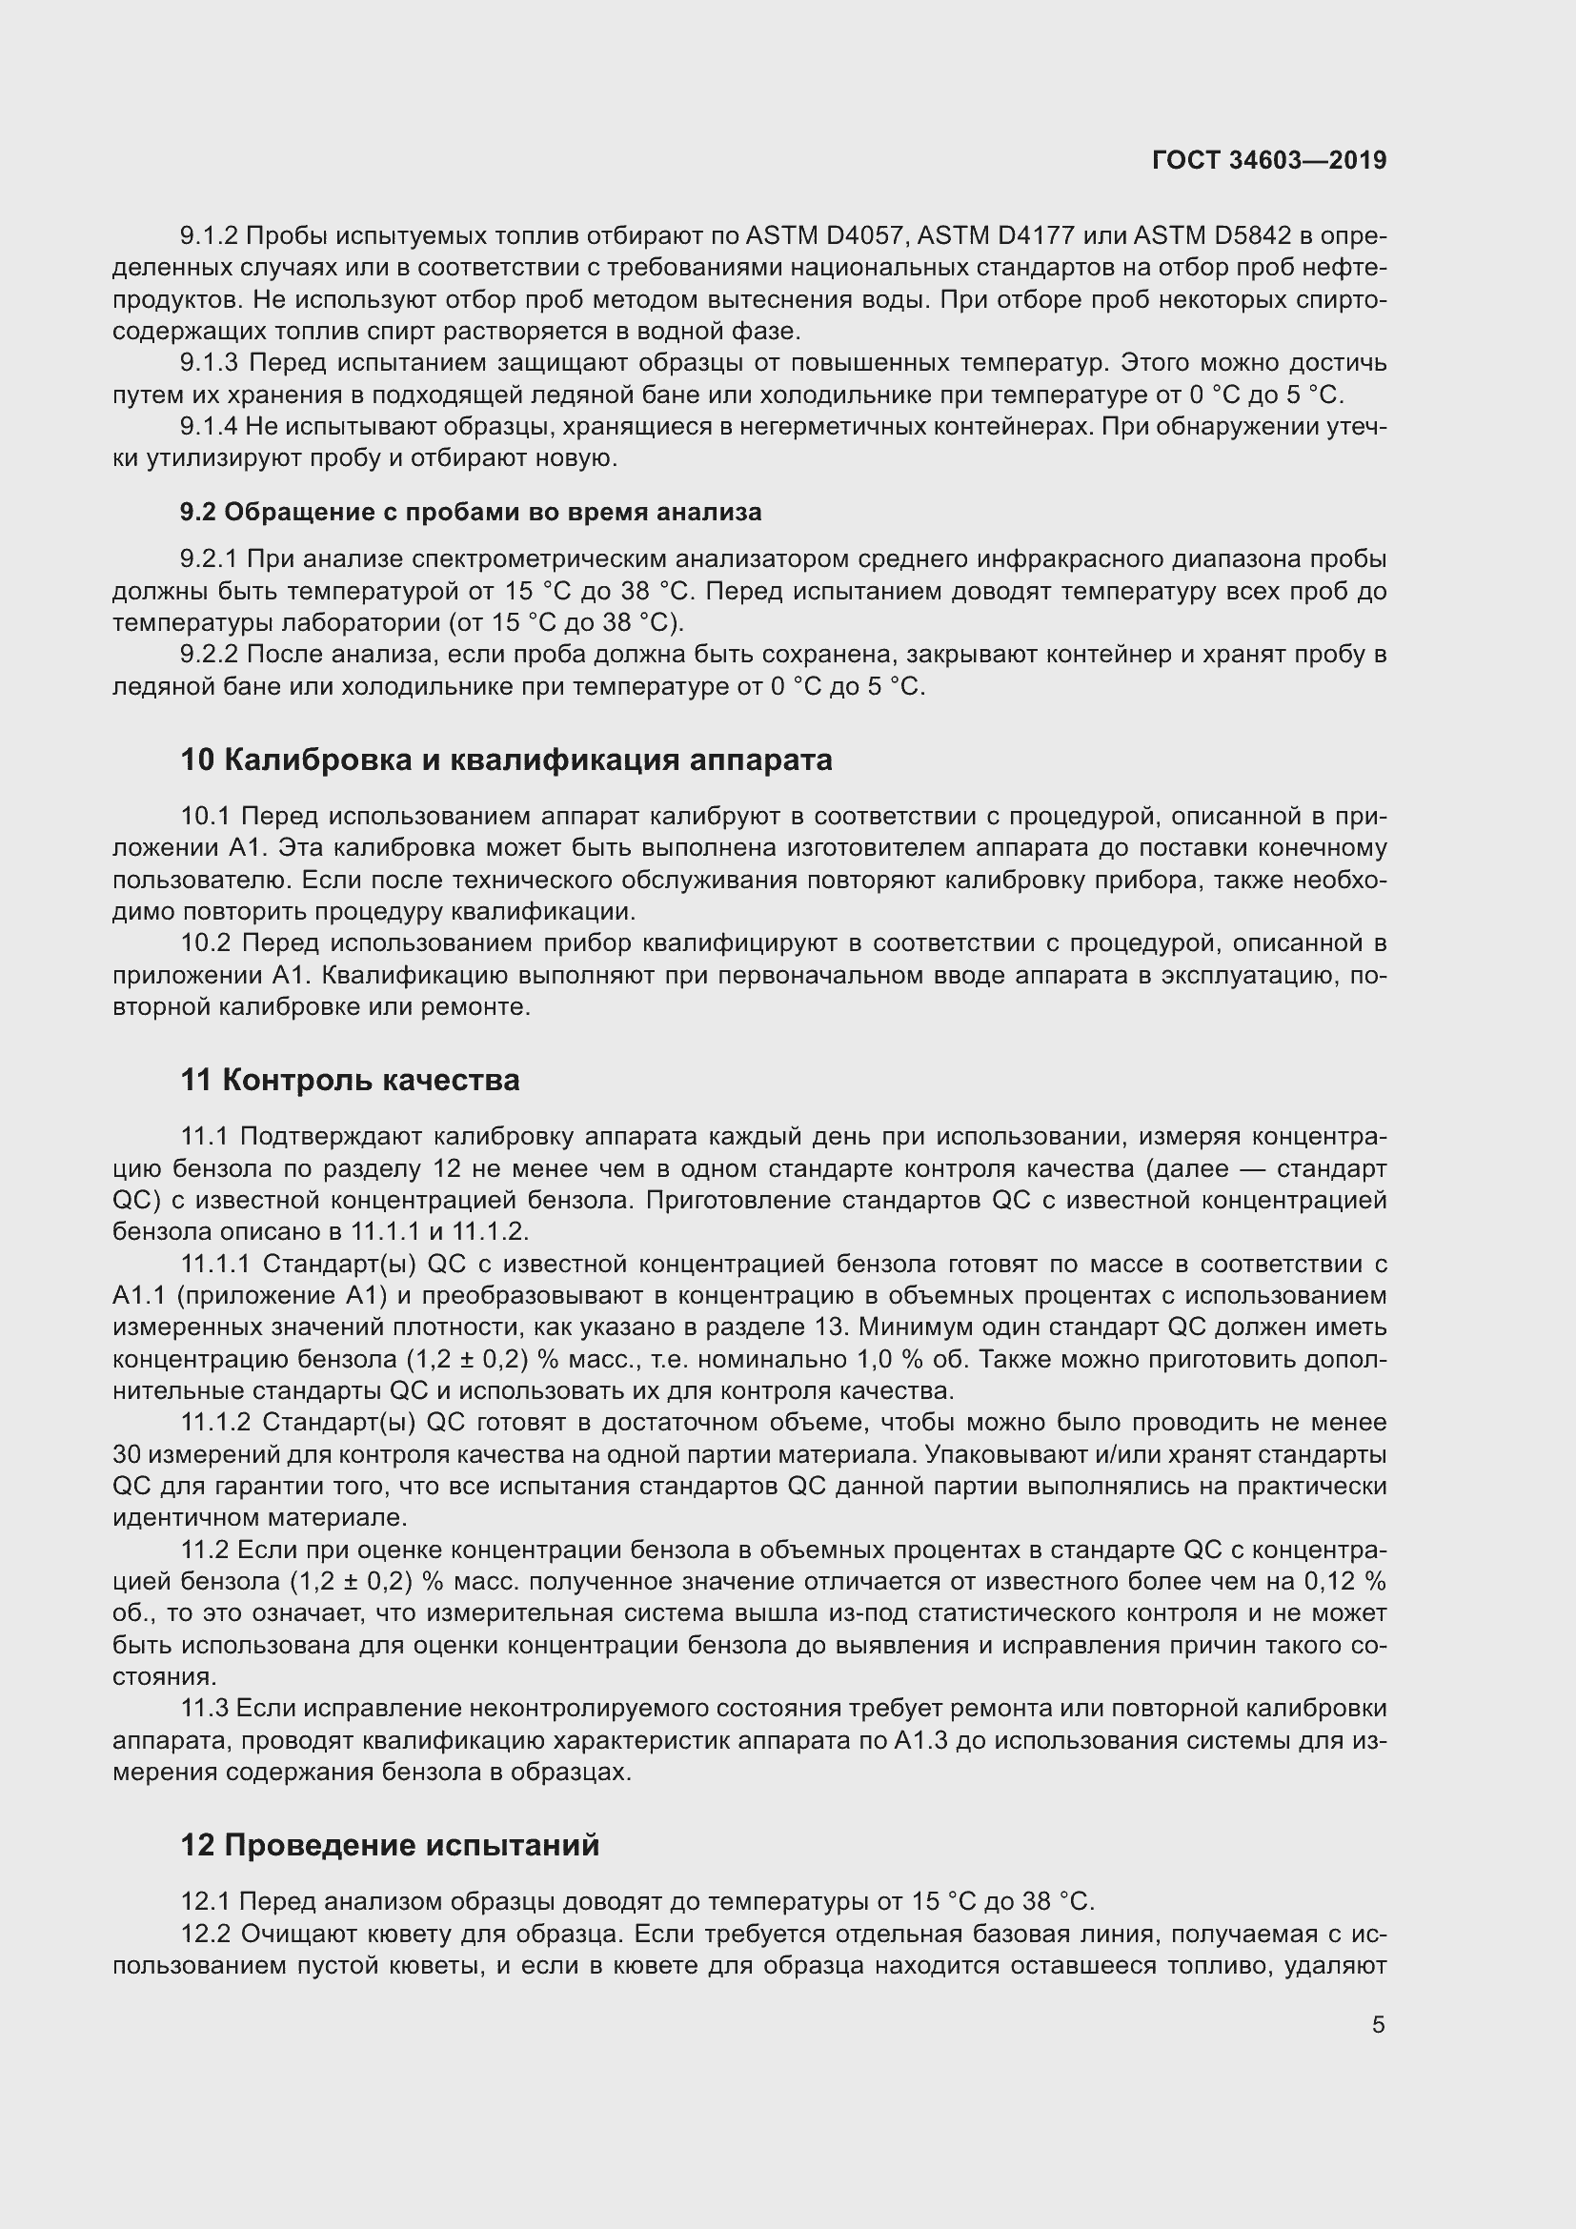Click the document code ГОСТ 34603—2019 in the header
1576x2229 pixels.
pos(1269,160)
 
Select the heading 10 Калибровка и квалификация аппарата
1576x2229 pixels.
pos(506,760)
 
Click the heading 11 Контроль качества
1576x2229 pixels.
pos(350,1080)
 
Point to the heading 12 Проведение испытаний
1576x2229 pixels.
pos(389,1845)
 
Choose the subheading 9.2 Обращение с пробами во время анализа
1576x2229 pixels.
pos(471,512)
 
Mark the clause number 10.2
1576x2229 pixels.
pos(205,942)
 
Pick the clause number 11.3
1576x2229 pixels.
pos(204,1708)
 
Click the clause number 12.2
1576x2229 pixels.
pos(205,1934)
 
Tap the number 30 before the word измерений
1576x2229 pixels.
pos(127,1454)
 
